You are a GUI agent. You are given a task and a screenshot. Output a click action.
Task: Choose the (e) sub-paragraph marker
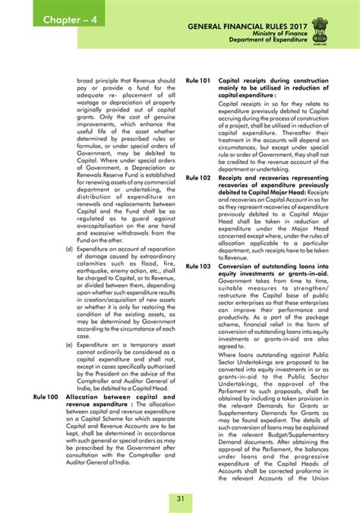tap(70, 344)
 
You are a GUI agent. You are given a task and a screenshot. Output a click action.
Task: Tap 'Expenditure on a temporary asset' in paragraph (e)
tap(125, 344)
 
